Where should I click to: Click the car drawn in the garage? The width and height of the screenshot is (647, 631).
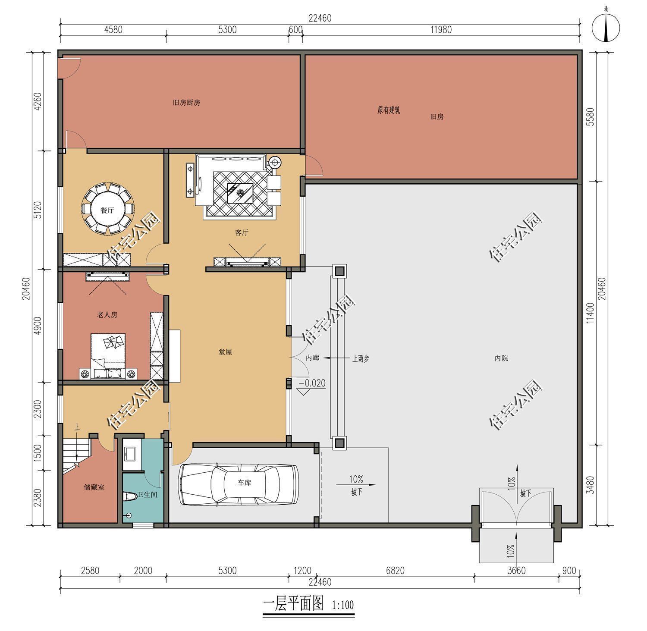(239, 483)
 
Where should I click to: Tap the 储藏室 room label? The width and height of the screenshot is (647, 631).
(94, 487)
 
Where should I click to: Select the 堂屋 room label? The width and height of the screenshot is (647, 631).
(225, 352)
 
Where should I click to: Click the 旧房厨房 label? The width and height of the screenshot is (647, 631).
(186, 103)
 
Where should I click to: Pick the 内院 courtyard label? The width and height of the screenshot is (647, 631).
(501, 358)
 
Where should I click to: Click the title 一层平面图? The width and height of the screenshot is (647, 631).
(293, 605)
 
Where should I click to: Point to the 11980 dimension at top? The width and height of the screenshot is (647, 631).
(441, 30)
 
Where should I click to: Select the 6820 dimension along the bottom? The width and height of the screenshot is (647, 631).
(395, 571)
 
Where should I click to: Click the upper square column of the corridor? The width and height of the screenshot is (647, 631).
(339, 271)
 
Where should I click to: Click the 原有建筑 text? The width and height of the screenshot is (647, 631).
(389, 110)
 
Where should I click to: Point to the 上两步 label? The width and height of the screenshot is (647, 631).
(361, 358)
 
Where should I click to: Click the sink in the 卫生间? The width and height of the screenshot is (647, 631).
(129, 452)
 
